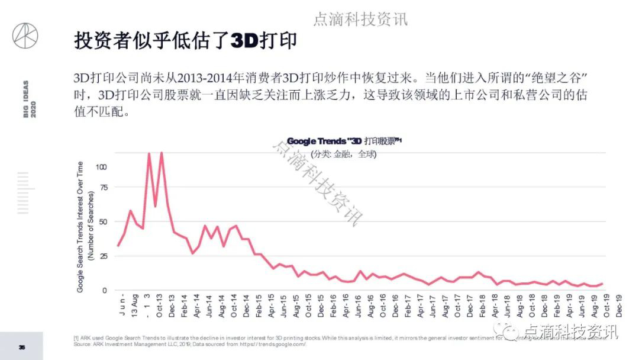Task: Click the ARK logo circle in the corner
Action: (x=25, y=37)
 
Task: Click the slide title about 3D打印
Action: (x=185, y=41)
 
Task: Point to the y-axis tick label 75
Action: (x=104, y=188)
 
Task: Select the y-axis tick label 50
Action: (x=104, y=222)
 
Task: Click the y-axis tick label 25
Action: (x=104, y=256)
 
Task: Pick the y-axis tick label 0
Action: (x=105, y=290)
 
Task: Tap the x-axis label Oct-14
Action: (x=234, y=307)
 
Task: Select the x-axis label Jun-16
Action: (x=359, y=307)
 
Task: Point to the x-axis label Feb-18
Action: (x=483, y=307)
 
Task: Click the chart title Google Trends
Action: (x=344, y=142)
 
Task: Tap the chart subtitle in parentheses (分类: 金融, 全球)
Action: (x=344, y=154)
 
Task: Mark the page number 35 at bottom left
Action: (x=22, y=347)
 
